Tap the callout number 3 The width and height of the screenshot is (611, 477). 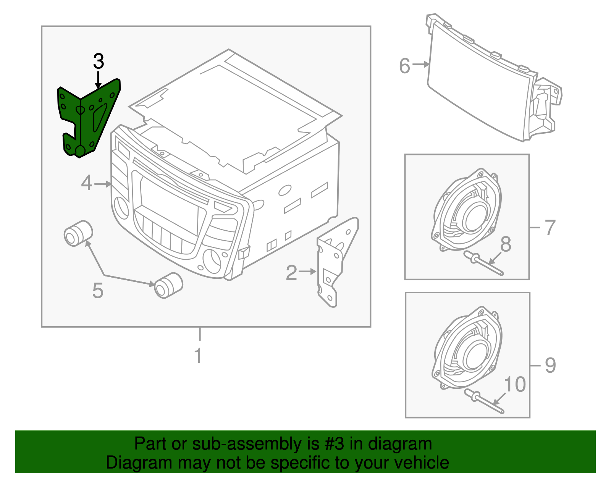[99, 61]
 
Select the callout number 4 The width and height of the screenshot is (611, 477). [87, 183]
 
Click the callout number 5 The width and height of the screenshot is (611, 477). [98, 291]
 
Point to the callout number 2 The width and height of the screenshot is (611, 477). [291, 273]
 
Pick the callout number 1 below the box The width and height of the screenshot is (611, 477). [198, 356]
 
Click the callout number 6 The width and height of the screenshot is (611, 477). [404, 66]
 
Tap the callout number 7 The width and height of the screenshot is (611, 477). [550, 228]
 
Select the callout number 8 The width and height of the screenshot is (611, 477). [506, 244]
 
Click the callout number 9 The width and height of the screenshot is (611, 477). [550, 365]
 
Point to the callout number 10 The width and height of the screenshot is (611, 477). [515, 384]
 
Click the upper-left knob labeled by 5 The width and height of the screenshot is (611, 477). [78, 233]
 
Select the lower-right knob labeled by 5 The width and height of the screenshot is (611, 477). [168, 285]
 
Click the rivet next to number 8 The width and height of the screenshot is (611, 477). [483, 263]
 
